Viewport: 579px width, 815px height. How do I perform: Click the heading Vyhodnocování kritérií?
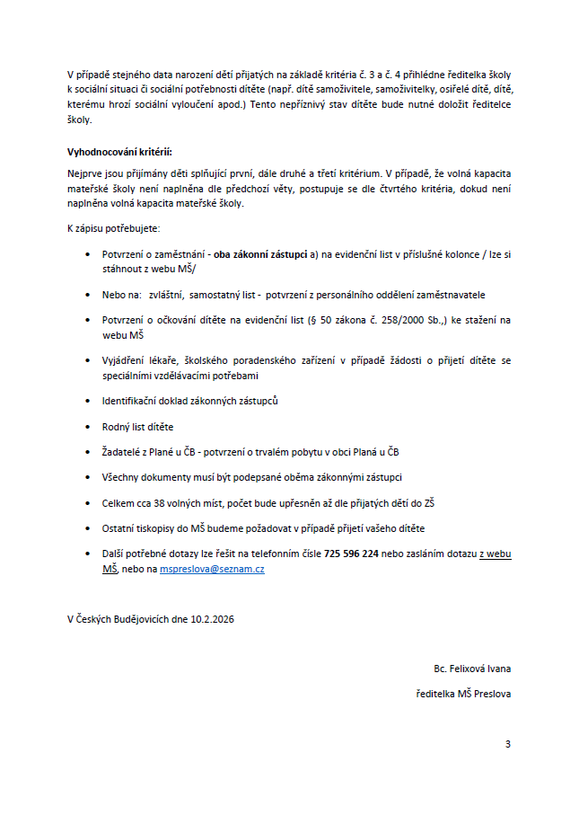(119, 152)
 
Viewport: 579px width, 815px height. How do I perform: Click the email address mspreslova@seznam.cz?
(212, 569)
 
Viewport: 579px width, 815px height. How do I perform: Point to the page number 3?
(508, 744)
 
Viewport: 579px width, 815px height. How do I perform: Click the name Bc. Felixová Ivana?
(471, 669)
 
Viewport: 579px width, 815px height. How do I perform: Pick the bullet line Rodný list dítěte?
(138, 426)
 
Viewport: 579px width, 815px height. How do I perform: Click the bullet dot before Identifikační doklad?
(87, 401)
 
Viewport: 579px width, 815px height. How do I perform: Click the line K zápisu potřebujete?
(113, 229)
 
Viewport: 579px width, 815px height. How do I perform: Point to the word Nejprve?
(83, 172)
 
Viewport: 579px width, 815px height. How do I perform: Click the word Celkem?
(118, 503)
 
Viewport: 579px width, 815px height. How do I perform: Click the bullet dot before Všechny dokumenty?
(87, 477)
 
